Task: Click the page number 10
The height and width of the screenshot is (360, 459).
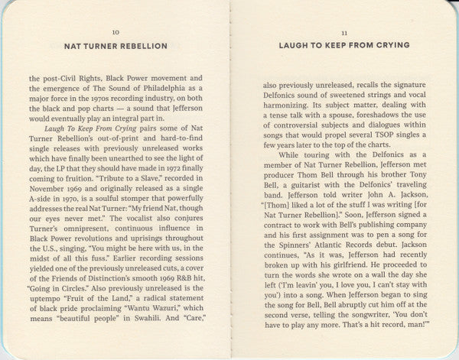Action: pyautogui.click(x=116, y=32)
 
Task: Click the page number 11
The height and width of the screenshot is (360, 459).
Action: pyautogui.click(x=343, y=32)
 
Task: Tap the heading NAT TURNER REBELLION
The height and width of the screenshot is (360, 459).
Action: pyautogui.click(x=116, y=46)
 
